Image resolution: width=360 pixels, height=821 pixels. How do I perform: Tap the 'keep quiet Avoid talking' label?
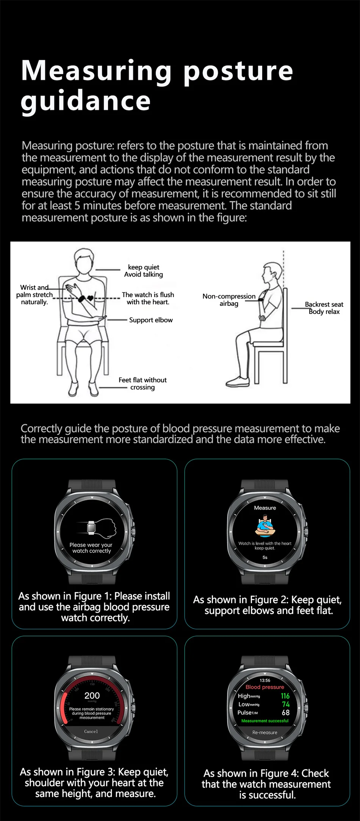point(144,271)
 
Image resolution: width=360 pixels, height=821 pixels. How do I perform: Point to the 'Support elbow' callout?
point(151,320)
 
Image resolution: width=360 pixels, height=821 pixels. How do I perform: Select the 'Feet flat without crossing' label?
point(142,383)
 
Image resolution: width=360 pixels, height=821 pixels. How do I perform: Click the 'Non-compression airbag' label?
point(229,299)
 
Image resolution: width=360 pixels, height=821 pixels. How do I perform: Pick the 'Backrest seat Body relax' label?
point(324,308)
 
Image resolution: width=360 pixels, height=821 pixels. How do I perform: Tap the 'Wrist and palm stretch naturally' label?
point(34,295)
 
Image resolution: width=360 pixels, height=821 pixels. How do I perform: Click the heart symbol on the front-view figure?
point(90,298)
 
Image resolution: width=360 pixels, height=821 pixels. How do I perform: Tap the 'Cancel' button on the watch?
point(91,731)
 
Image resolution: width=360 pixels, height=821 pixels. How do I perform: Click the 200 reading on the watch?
point(92,696)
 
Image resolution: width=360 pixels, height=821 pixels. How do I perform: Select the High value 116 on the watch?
point(285,696)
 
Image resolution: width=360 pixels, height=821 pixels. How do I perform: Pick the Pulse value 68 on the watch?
point(286,713)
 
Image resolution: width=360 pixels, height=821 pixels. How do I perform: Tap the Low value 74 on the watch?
point(286,704)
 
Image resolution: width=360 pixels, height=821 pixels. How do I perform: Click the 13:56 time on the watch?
point(265,680)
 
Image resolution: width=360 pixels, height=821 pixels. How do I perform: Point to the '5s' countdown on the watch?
point(265,557)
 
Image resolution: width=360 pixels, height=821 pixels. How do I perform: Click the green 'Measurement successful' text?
point(265,721)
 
